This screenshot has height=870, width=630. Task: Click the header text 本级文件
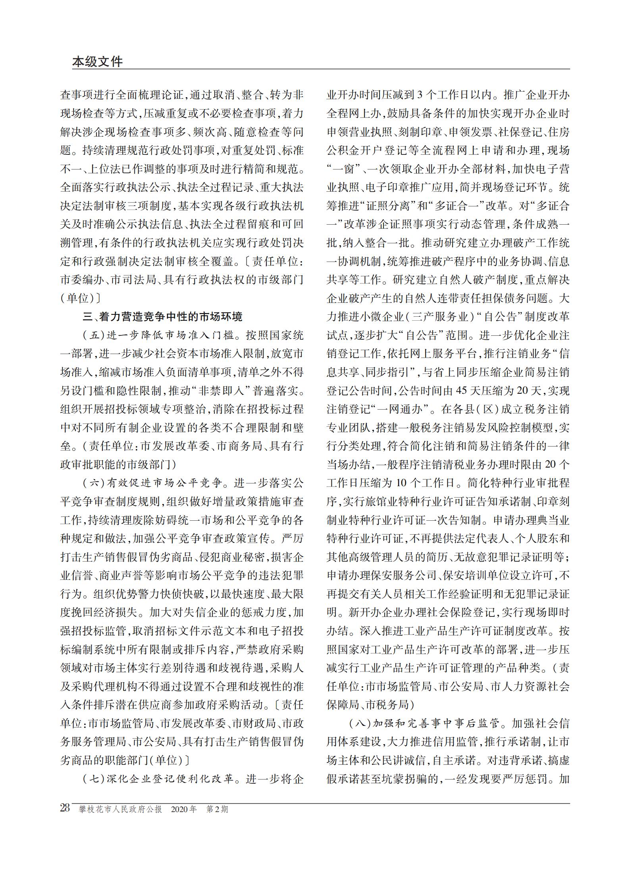(x=98, y=62)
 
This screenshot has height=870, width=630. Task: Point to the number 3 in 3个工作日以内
(x=421, y=95)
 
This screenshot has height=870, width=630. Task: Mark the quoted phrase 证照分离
(x=391, y=206)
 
